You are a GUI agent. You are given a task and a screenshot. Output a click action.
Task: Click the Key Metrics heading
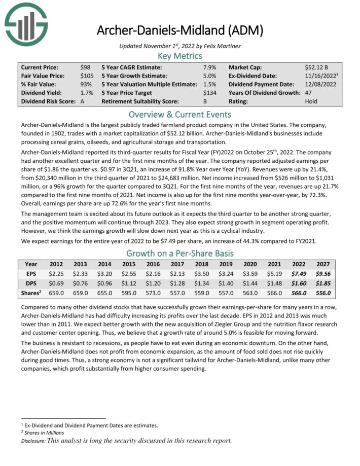coord(179,56)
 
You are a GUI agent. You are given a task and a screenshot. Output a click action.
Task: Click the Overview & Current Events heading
coord(179,114)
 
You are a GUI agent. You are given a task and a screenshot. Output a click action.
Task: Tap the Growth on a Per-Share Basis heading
coord(179,254)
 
